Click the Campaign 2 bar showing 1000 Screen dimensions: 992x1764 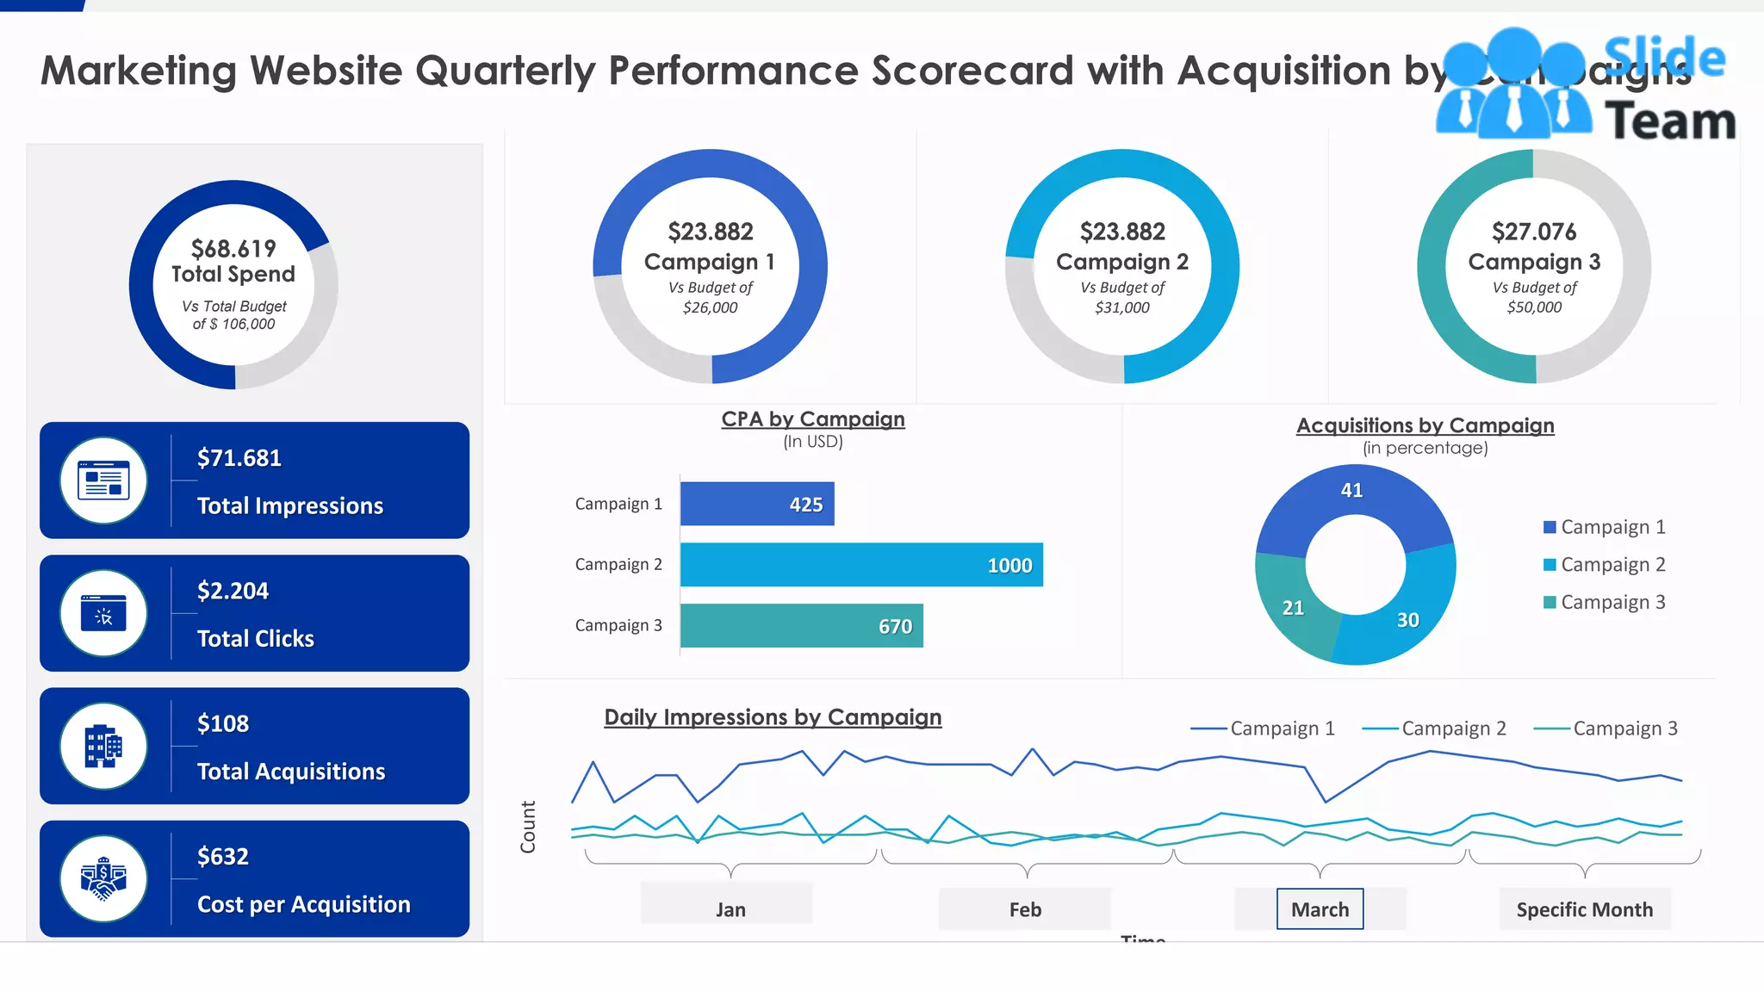[x=861, y=565]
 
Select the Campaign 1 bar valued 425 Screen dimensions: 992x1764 [x=757, y=504]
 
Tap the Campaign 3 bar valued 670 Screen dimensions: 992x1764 [x=801, y=626]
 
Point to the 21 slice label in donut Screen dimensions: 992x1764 [x=1293, y=608]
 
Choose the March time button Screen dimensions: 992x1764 [x=1320, y=909]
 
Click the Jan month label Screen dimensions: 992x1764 [x=730, y=909]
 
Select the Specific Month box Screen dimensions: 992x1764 [x=1584, y=909]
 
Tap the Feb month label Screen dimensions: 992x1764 [x=1025, y=909]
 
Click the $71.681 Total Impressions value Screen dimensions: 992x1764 [x=239, y=458]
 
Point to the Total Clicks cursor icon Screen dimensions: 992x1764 [x=103, y=614]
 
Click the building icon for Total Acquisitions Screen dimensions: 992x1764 [x=103, y=747]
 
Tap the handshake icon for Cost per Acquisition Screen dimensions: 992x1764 [x=103, y=879]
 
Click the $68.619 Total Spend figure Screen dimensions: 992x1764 [x=233, y=249]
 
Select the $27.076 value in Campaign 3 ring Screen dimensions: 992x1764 [x=1534, y=232]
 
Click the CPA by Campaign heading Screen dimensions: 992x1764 [x=812, y=419]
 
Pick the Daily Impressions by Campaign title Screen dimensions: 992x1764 [x=773, y=717]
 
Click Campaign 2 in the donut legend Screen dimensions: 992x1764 [x=1612, y=565]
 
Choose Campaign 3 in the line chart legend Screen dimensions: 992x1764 [x=1624, y=728]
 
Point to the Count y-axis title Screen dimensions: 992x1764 [x=528, y=827]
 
